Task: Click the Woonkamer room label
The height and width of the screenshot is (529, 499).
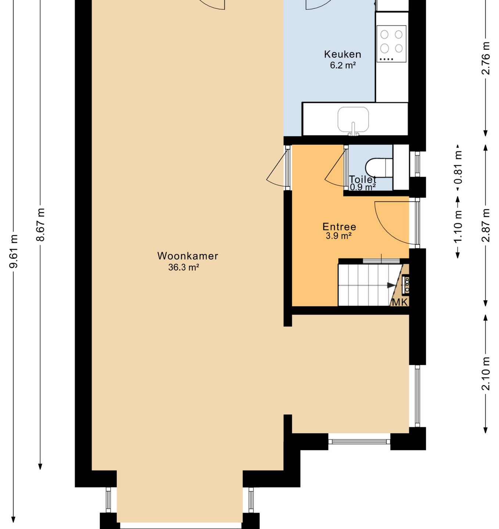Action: click(x=187, y=256)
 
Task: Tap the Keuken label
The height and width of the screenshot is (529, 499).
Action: click(x=342, y=54)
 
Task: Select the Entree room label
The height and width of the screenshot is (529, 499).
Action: click(x=339, y=227)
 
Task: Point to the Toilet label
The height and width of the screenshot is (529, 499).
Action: click(x=362, y=179)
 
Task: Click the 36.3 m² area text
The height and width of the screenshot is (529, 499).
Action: click(x=184, y=267)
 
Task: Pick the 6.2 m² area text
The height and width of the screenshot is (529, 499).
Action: click(x=343, y=65)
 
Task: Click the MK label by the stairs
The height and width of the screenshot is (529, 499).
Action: click(x=400, y=302)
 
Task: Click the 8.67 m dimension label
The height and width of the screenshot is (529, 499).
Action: click(x=40, y=225)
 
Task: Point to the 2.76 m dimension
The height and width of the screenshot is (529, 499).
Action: click(x=486, y=58)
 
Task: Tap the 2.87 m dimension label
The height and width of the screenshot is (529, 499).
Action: click(x=486, y=225)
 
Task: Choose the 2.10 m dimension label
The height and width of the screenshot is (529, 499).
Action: click(x=486, y=374)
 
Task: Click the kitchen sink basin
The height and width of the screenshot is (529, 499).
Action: click(x=353, y=120)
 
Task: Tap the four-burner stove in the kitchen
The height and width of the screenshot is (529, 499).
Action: click(x=391, y=44)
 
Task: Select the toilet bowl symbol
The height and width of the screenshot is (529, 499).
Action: click(x=379, y=168)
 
